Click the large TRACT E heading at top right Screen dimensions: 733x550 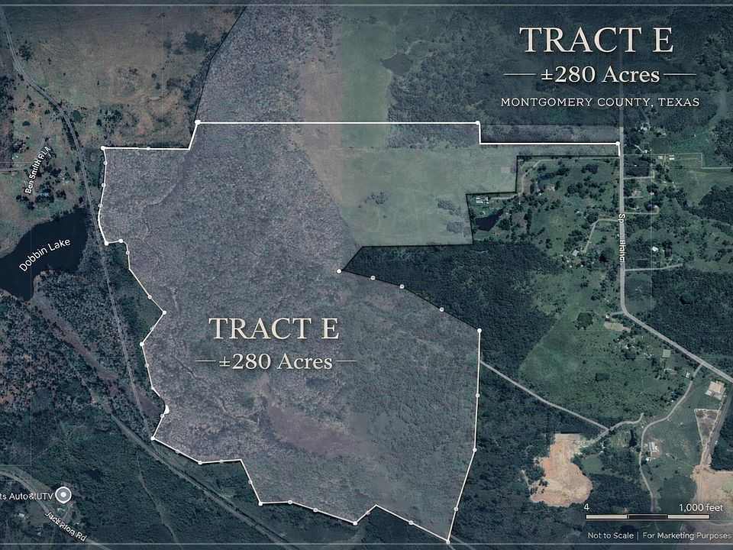(x=596, y=40)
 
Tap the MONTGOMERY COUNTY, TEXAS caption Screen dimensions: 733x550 (x=600, y=102)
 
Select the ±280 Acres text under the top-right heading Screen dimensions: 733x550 (x=600, y=75)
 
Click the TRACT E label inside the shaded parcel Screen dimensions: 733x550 (x=274, y=328)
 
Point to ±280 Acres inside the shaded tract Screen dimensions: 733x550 (x=276, y=361)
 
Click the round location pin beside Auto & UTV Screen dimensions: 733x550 (x=64, y=496)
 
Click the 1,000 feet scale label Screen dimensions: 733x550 (x=700, y=508)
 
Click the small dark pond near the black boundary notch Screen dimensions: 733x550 (x=486, y=221)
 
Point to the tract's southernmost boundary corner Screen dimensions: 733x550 (x=448, y=541)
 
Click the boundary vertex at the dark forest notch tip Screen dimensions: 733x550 (x=339, y=271)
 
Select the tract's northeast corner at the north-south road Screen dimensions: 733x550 (x=618, y=143)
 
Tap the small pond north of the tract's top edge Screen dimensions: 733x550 (x=397, y=63)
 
